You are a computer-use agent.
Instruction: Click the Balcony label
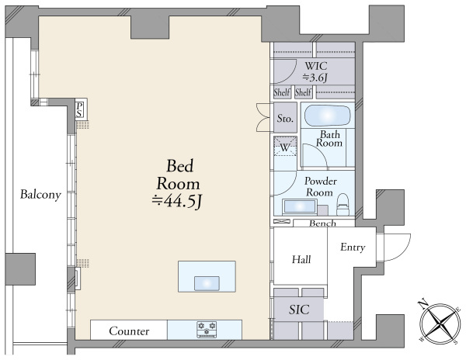(40, 195)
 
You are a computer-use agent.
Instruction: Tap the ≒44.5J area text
(177, 202)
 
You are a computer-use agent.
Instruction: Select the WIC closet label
(315, 65)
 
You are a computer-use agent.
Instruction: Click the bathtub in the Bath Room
(327, 116)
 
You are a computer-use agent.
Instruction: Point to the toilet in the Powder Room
(343, 204)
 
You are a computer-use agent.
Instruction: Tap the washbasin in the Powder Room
(299, 206)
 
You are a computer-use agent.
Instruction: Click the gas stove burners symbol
(207, 330)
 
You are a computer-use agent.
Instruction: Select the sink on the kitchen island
(207, 283)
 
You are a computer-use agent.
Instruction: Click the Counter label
(129, 331)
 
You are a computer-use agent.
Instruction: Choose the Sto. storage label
(285, 119)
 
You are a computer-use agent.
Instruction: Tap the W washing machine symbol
(285, 147)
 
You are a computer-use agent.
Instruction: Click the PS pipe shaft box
(79, 110)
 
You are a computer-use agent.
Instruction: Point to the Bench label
(322, 223)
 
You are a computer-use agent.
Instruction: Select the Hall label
(301, 260)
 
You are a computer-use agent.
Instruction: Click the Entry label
(353, 247)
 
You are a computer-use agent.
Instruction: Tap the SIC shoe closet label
(299, 310)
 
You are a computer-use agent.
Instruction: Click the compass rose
(440, 323)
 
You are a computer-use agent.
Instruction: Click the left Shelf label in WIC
(281, 92)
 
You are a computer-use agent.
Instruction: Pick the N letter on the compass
(422, 303)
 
